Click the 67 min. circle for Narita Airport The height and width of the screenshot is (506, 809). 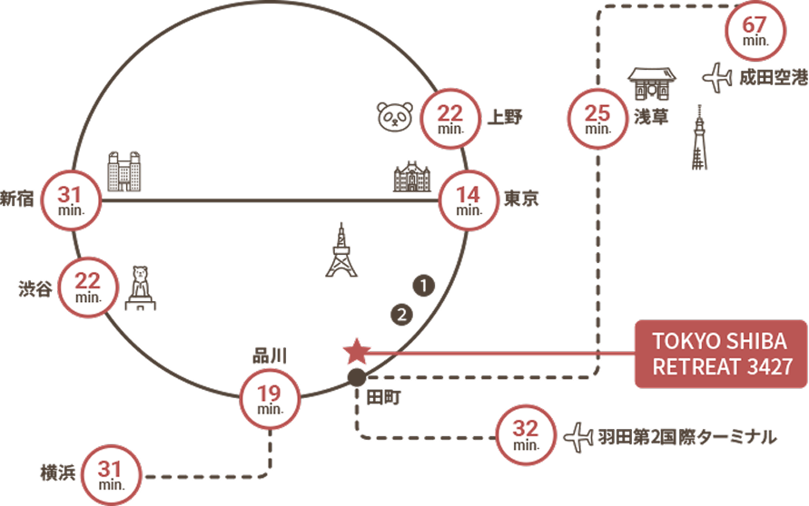click(754, 30)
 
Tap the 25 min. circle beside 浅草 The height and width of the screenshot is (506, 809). click(597, 119)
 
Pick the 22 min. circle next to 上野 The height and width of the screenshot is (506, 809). click(450, 119)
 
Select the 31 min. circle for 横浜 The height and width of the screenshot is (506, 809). click(111, 474)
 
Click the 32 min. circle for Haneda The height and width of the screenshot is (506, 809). click(527, 434)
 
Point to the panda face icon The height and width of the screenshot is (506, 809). click(395, 115)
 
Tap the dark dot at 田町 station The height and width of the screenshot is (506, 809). click(356, 377)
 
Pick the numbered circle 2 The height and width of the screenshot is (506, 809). click(400, 315)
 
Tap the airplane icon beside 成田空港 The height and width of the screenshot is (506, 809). click(717, 77)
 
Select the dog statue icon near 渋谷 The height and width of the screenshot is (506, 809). click(141, 287)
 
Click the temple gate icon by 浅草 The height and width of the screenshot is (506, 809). click(652, 83)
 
